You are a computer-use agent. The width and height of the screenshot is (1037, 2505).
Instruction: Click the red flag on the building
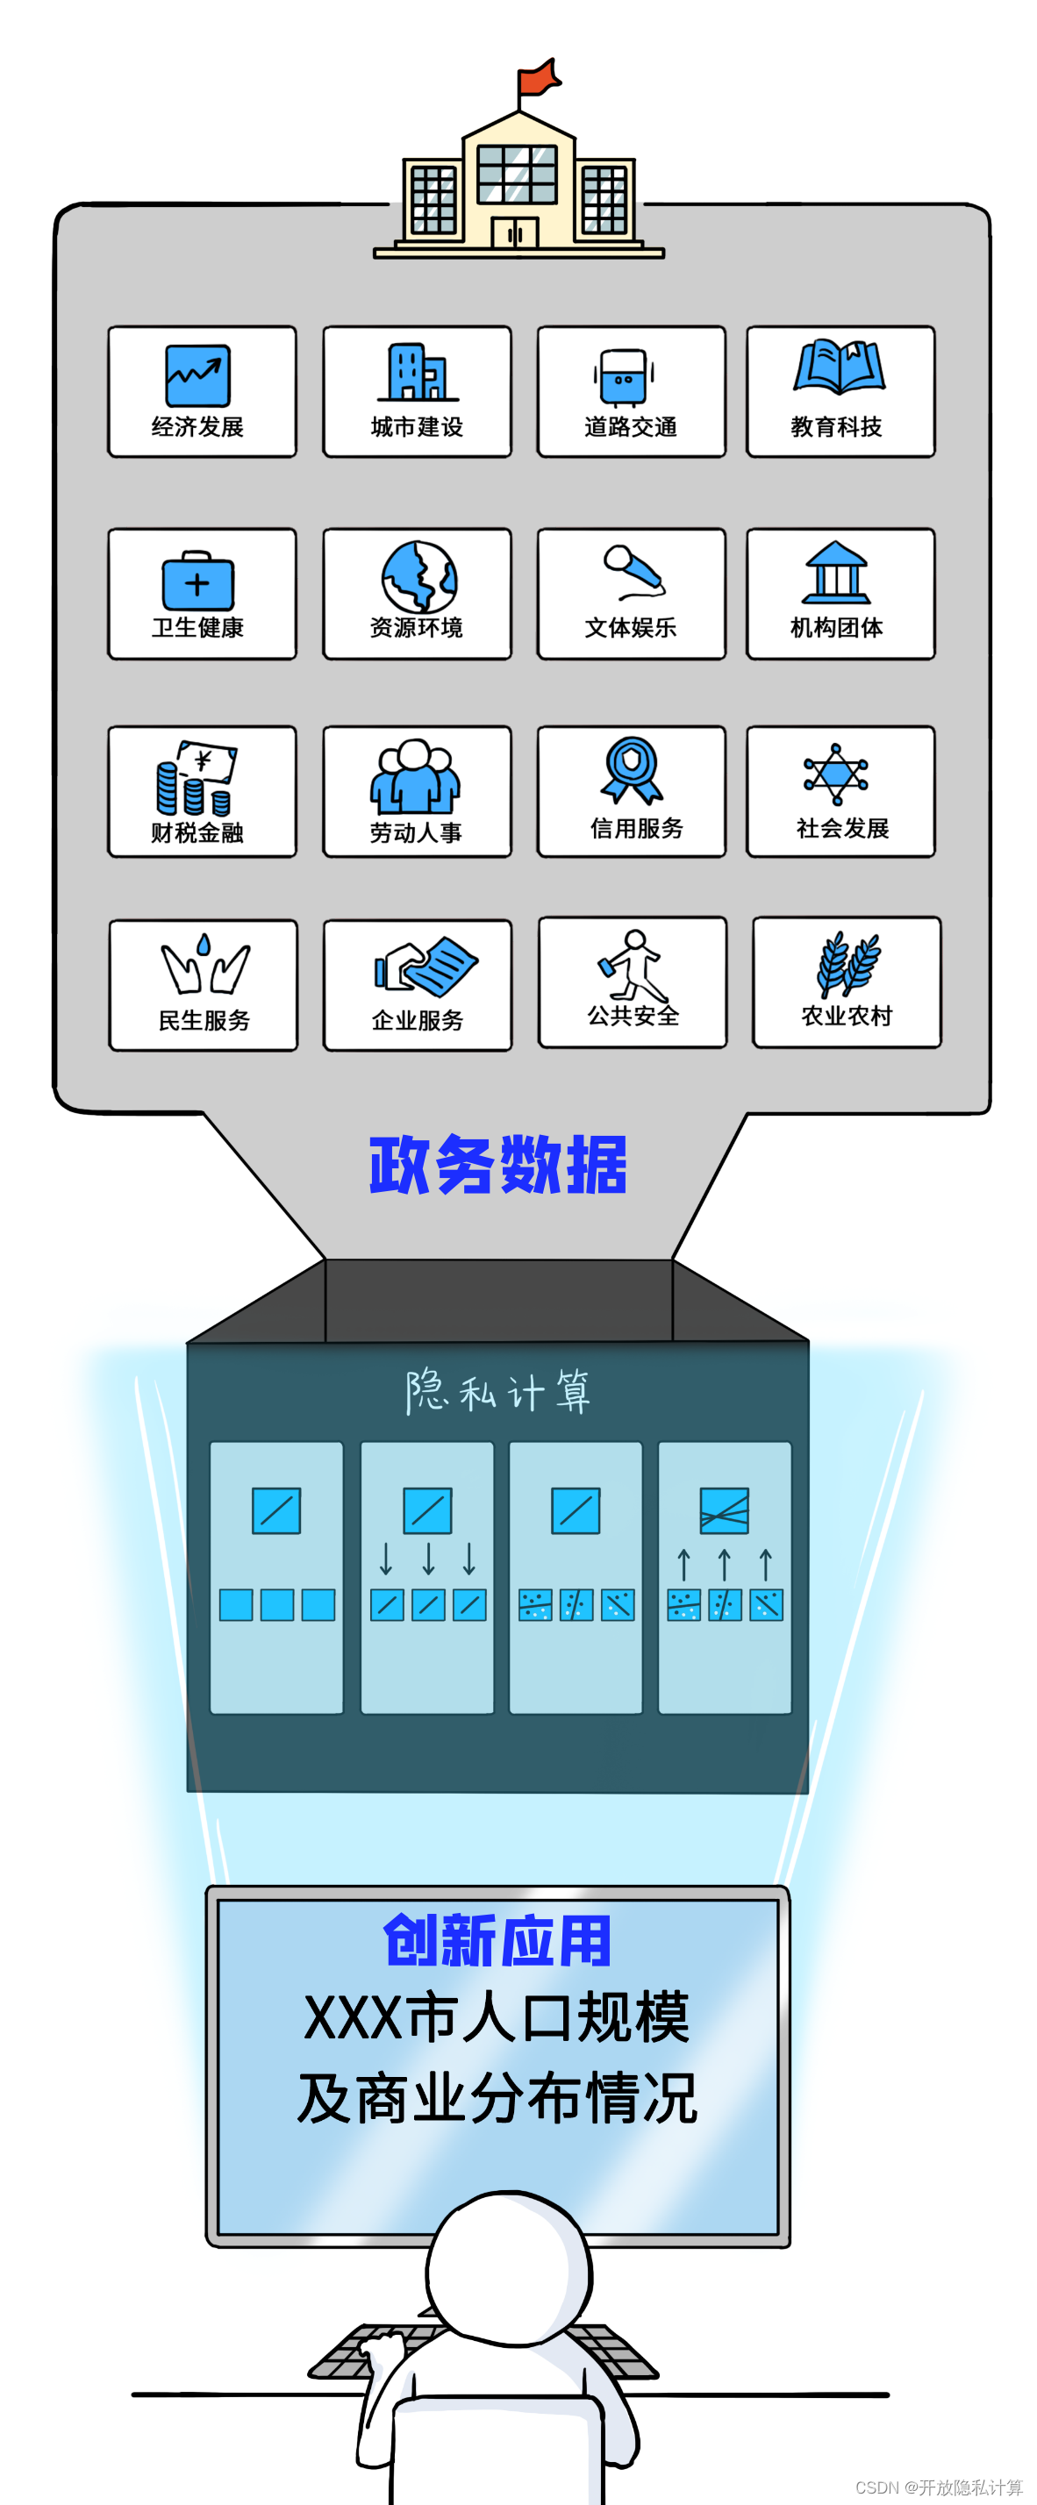[538, 78]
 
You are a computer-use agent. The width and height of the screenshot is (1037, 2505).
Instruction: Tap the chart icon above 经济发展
[197, 375]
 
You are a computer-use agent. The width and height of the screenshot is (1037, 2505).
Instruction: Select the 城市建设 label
[417, 427]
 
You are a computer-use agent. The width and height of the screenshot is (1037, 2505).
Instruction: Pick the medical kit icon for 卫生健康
[197, 582]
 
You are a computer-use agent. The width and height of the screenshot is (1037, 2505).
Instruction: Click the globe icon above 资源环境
[419, 576]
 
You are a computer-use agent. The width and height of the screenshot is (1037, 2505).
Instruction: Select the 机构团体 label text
[837, 628]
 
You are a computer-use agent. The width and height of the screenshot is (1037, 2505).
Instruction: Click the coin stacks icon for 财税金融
[195, 780]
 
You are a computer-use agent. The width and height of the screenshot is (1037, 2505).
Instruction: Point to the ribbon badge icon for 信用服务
[632, 769]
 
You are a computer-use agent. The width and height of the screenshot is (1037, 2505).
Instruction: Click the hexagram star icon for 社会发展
[835, 774]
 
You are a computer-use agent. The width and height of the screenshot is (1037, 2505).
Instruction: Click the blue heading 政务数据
[498, 1164]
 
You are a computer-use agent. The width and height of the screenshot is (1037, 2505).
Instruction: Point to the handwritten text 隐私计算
[498, 1390]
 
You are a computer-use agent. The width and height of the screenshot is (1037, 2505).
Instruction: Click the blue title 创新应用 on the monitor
[497, 1941]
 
